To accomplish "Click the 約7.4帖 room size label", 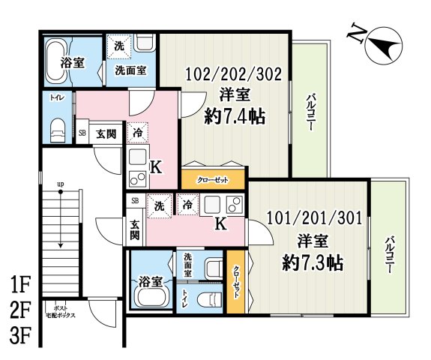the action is (x=235, y=117).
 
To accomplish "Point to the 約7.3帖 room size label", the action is (x=313, y=263).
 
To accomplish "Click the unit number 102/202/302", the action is (x=234, y=74).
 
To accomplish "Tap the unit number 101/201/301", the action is (x=314, y=218).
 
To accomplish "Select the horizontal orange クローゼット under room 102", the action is (x=213, y=179).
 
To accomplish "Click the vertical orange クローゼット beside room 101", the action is (x=235, y=281).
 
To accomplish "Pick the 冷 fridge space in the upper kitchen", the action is (x=137, y=133).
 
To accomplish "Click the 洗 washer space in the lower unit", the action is (x=160, y=205).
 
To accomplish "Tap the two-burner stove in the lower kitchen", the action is (x=235, y=204).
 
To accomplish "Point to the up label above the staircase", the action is (x=61, y=184).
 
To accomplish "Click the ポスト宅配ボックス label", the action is (x=60, y=311).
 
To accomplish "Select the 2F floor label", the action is (x=19, y=310).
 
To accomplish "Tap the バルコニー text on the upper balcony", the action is (x=311, y=112).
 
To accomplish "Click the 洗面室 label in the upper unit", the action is (x=130, y=70).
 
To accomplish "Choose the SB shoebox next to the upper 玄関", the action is (x=82, y=133).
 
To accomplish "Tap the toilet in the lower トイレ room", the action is (x=207, y=298).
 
